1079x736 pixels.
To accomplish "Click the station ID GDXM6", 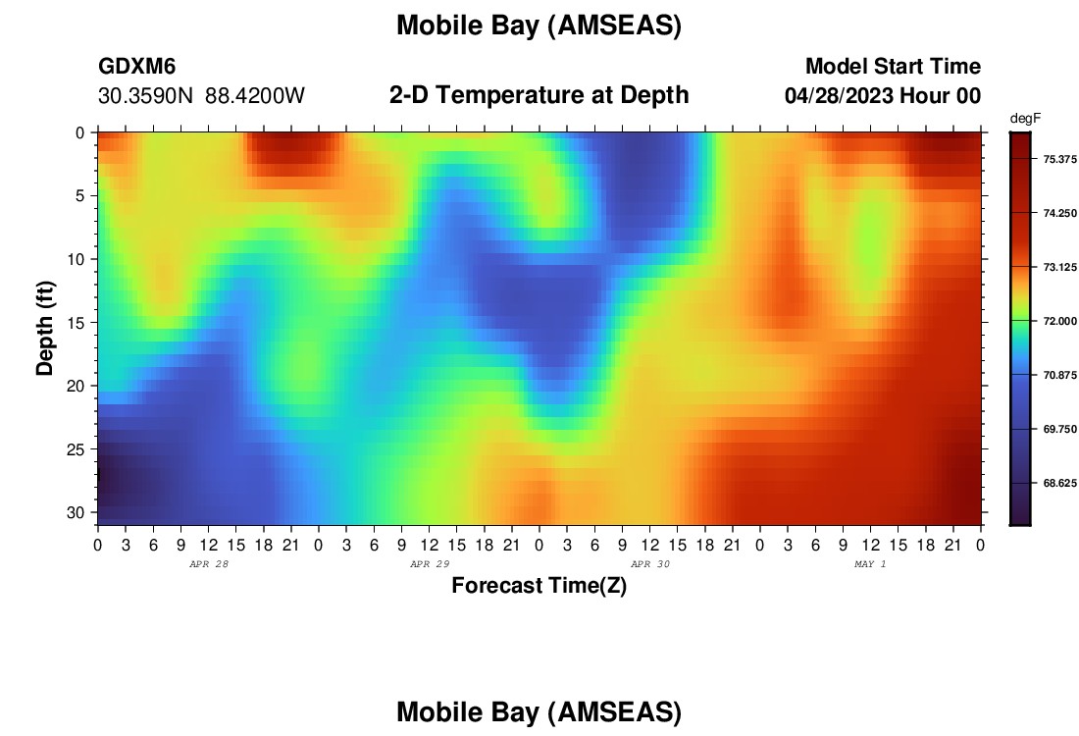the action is [137, 66].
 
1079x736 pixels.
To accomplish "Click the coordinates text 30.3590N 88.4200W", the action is [202, 96].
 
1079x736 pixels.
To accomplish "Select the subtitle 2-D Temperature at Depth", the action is [539, 95].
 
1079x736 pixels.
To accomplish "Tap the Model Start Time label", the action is [894, 66].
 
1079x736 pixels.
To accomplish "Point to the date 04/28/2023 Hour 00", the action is [883, 96].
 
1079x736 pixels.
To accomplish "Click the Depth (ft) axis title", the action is [45, 328].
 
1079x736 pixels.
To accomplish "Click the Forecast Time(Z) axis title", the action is [539, 585].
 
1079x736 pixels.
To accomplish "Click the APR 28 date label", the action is [209, 564].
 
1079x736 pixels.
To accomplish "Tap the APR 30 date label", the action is [650, 564].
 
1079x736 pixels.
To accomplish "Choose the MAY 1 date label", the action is [870, 564].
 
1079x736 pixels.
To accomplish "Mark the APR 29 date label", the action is [430, 564].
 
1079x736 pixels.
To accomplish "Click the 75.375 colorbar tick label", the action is [1059, 159].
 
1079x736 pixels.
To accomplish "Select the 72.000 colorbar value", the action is [1059, 321].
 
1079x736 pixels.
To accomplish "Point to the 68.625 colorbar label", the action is [1059, 483].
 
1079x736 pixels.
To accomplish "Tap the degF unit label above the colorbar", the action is [1025, 119].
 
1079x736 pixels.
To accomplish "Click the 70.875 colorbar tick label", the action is [1059, 375].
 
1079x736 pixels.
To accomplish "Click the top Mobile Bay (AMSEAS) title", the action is [539, 26].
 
